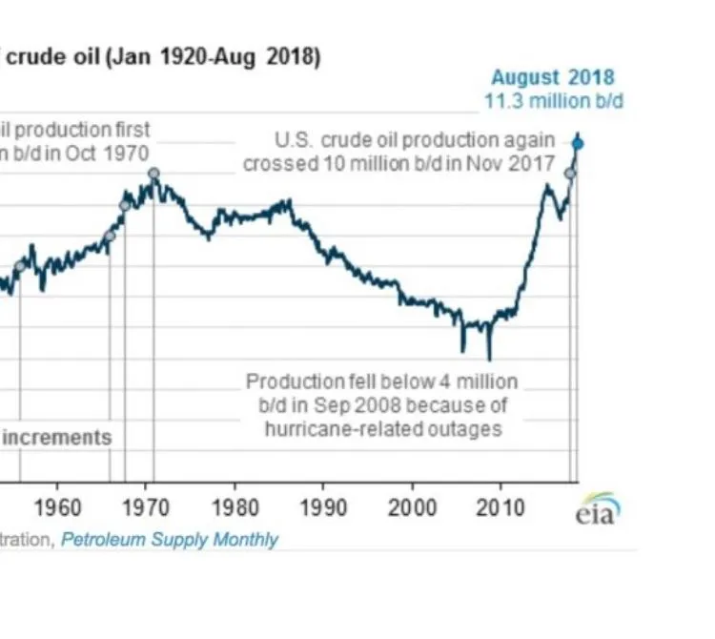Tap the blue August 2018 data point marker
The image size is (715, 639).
click(x=578, y=144)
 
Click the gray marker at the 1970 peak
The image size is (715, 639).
click(x=153, y=174)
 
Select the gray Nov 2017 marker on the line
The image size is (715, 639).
click(x=570, y=173)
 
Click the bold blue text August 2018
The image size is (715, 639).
click(x=553, y=78)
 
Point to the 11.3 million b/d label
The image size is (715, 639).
click(x=553, y=101)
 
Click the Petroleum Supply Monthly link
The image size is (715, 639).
click(x=170, y=540)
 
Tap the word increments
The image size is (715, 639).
click(x=56, y=438)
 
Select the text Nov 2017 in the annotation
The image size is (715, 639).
click(x=516, y=164)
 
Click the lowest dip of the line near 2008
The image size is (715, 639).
click(x=489, y=359)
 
